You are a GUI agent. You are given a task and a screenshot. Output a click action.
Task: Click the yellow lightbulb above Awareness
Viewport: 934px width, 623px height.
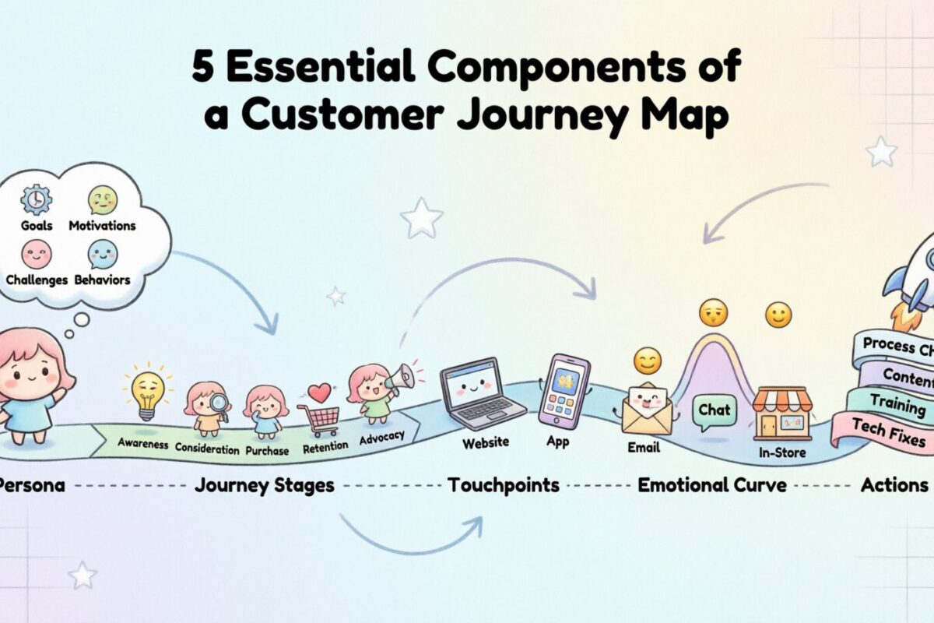(148, 392)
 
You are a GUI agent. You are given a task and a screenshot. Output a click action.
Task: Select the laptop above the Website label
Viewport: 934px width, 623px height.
(472, 392)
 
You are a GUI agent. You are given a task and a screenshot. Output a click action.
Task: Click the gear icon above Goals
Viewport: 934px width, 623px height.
(36, 200)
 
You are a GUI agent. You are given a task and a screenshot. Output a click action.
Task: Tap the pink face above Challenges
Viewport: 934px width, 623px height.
(36, 254)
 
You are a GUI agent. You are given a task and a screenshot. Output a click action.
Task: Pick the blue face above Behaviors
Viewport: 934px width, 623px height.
(102, 254)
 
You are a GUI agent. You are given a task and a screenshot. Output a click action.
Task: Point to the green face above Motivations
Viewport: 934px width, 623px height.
(102, 200)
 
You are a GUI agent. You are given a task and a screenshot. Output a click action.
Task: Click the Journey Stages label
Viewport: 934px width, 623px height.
(264, 485)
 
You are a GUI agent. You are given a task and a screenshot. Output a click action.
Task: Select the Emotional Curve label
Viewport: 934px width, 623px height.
(712, 485)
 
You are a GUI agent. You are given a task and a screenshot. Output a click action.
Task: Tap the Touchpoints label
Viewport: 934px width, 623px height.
(503, 485)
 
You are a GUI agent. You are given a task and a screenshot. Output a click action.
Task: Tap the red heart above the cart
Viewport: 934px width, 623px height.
(319, 392)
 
